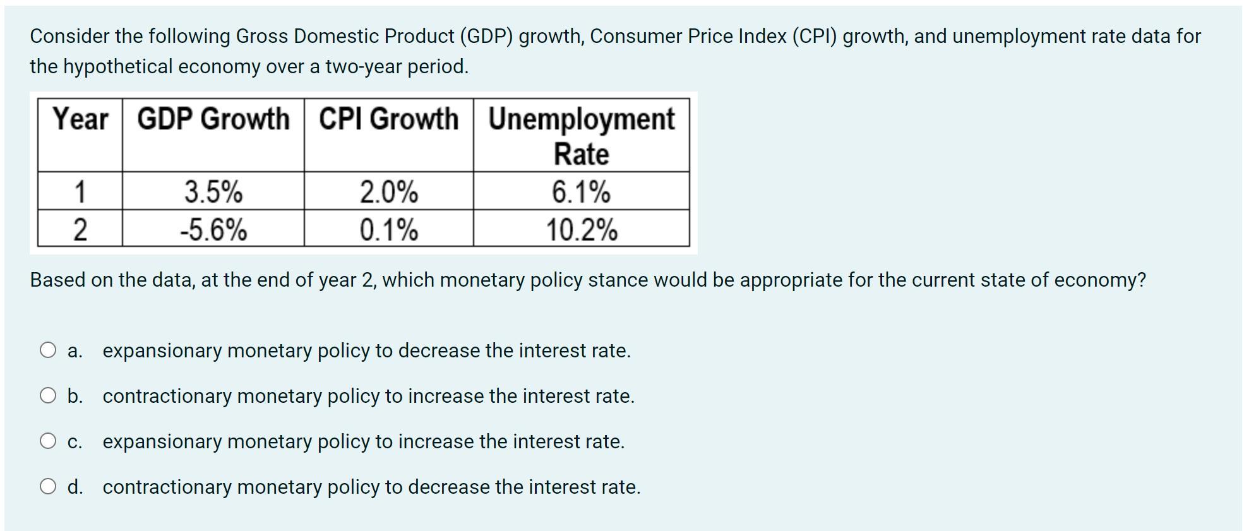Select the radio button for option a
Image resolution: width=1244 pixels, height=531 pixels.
coord(48,350)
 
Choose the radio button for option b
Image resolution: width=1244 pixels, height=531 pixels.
coord(48,396)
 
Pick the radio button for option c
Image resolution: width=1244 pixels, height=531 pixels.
coord(48,441)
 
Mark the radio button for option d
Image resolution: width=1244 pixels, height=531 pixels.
coord(48,487)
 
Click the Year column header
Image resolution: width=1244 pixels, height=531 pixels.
coord(80,119)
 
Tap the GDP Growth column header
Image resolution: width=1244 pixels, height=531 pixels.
coord(213,119)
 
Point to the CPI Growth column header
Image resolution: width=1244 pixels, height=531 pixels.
coord(388,119)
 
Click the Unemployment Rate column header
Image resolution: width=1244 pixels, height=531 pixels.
coord(581,136)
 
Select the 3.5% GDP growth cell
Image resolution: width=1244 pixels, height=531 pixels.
coord(213,192)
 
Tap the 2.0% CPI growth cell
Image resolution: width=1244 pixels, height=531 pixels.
coord(388,192)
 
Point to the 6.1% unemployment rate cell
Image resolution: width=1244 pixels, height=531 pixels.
coord(581,192)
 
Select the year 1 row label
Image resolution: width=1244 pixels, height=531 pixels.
coord(80,192)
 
